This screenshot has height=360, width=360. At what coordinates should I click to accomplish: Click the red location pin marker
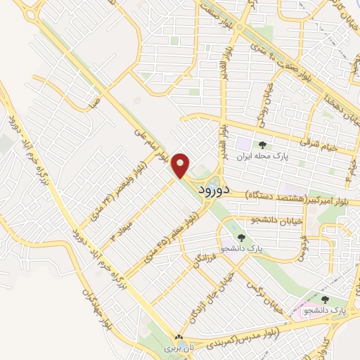click(181, 165)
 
